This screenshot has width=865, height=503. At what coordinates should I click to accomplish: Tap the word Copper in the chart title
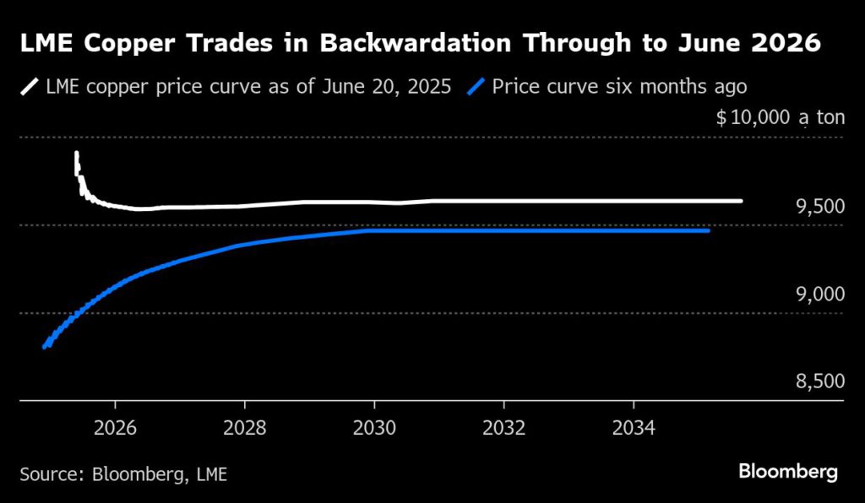[140, 44]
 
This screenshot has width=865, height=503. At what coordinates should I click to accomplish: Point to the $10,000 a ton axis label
[780, 117]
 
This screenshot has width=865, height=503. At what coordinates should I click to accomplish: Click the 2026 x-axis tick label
[114, 428]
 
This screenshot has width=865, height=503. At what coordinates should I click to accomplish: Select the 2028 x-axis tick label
[244, 428]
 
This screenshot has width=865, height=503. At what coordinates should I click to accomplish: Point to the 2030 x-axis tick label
[374, 428]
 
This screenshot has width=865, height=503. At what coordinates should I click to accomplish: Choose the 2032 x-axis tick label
[503, 428]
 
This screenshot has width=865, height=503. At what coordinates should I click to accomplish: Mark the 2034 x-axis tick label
[634, 428]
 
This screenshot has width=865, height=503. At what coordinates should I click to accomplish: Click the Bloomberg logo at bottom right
[788, 472]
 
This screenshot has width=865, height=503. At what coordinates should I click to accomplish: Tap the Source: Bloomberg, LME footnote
[123, 473]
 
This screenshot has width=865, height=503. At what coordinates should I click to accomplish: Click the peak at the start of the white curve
[77, 154]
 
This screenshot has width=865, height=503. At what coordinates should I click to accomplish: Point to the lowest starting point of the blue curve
[45, 346]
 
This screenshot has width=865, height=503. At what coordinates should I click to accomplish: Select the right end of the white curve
[740, 201]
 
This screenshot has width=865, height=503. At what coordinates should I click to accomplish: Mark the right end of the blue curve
[707, 230]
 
